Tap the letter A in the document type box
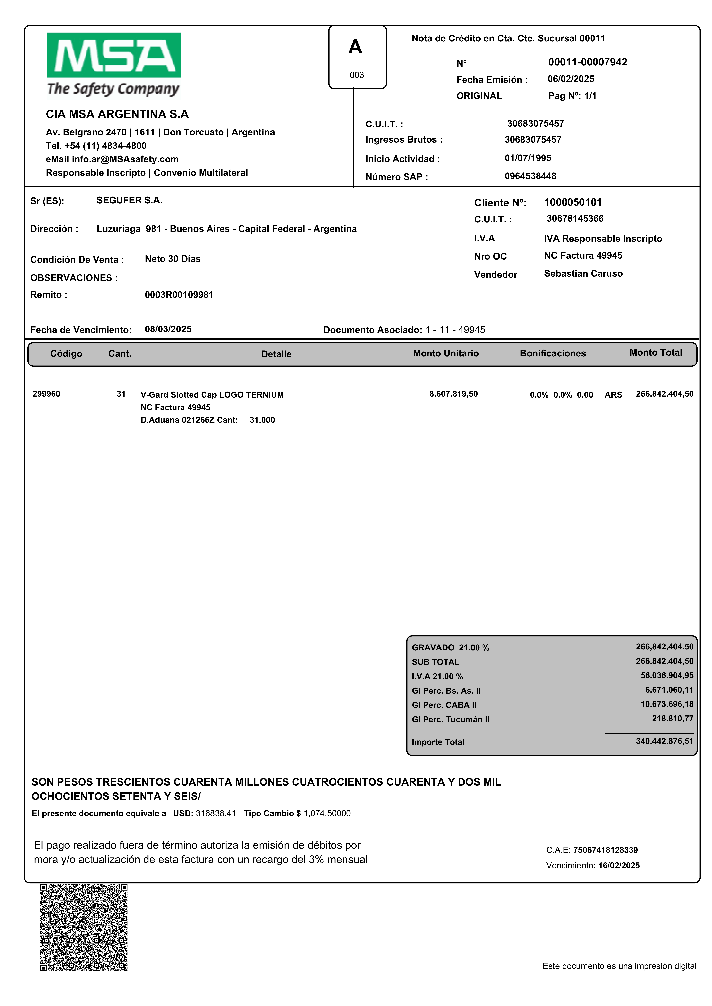355,47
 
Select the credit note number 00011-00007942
588,62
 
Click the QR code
84,928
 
